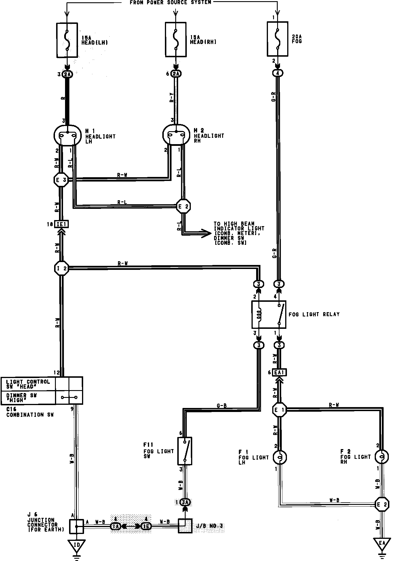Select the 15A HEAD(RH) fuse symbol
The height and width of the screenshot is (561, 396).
tap(176, 40)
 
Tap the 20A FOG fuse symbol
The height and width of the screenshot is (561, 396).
tap(277, 39)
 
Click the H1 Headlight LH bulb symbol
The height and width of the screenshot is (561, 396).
tap(67, 136)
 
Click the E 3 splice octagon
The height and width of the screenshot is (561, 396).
tap(61, 180)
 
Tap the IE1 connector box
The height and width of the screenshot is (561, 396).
tap(62, 224)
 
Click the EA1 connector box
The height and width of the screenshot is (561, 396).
tap(279, 373)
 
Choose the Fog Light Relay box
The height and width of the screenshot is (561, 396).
tap(269, 314)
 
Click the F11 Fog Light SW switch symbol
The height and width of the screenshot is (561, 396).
tap(185, 451)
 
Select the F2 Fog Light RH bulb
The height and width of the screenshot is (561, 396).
tap(382, 456)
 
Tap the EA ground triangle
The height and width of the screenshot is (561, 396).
tap(382, 543)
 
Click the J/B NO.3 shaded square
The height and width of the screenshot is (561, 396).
tap(185, 526)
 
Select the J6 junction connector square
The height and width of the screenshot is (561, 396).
tap(77, 526)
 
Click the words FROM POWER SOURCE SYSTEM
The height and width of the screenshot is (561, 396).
tap(170, 3)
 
